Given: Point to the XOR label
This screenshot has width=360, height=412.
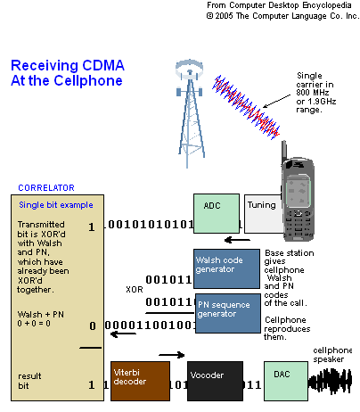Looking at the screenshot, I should tap(135, 290).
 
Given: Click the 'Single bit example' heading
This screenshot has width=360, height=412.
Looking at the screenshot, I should tap(52, 204).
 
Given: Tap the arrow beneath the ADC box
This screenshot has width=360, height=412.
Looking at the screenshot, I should tap(236, 239).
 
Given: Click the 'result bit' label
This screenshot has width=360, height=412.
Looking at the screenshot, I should tap(30, 382).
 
